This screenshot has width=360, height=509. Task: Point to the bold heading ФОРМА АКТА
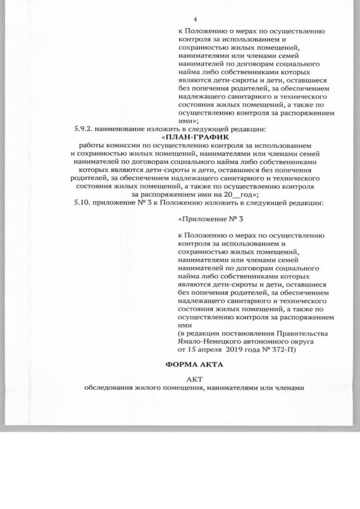193,364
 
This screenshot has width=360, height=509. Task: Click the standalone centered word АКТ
193,379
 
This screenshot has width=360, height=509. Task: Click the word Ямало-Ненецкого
206,341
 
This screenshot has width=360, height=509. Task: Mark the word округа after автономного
301,341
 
